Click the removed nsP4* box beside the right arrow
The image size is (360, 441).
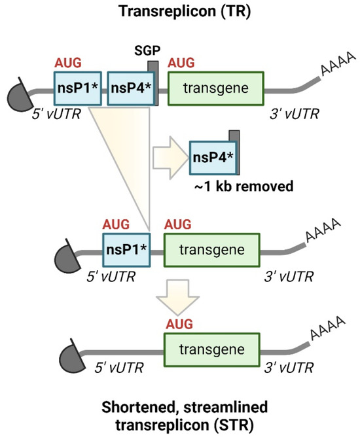211,158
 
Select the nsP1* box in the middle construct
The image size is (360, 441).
126,249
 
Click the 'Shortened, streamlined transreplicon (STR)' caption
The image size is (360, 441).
179,414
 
